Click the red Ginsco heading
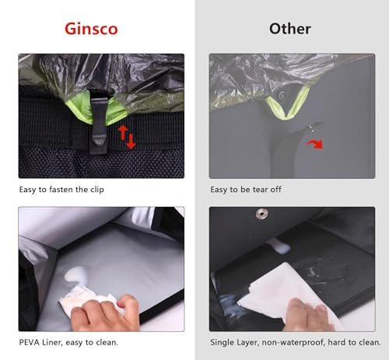91,29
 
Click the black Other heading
290,29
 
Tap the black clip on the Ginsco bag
98,122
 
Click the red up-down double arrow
128,137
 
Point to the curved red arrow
315,144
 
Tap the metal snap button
262,215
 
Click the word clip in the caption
97,190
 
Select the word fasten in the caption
61,190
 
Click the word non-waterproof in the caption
293,343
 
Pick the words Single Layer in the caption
234,343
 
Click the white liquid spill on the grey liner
77,274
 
